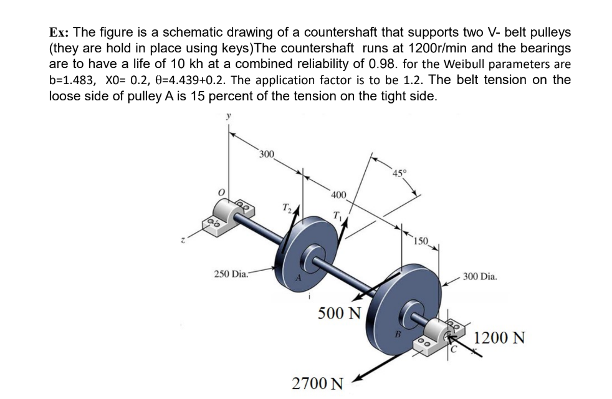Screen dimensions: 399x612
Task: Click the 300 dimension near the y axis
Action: coord(267,154)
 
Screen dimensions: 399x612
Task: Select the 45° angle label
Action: coord(399,173)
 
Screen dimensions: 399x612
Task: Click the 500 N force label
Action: coord(340,313)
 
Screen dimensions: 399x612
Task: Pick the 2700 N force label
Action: coord(318,382)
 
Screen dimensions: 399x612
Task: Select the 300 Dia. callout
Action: coord(479,276)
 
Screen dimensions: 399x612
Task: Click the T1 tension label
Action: coord(337,216)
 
